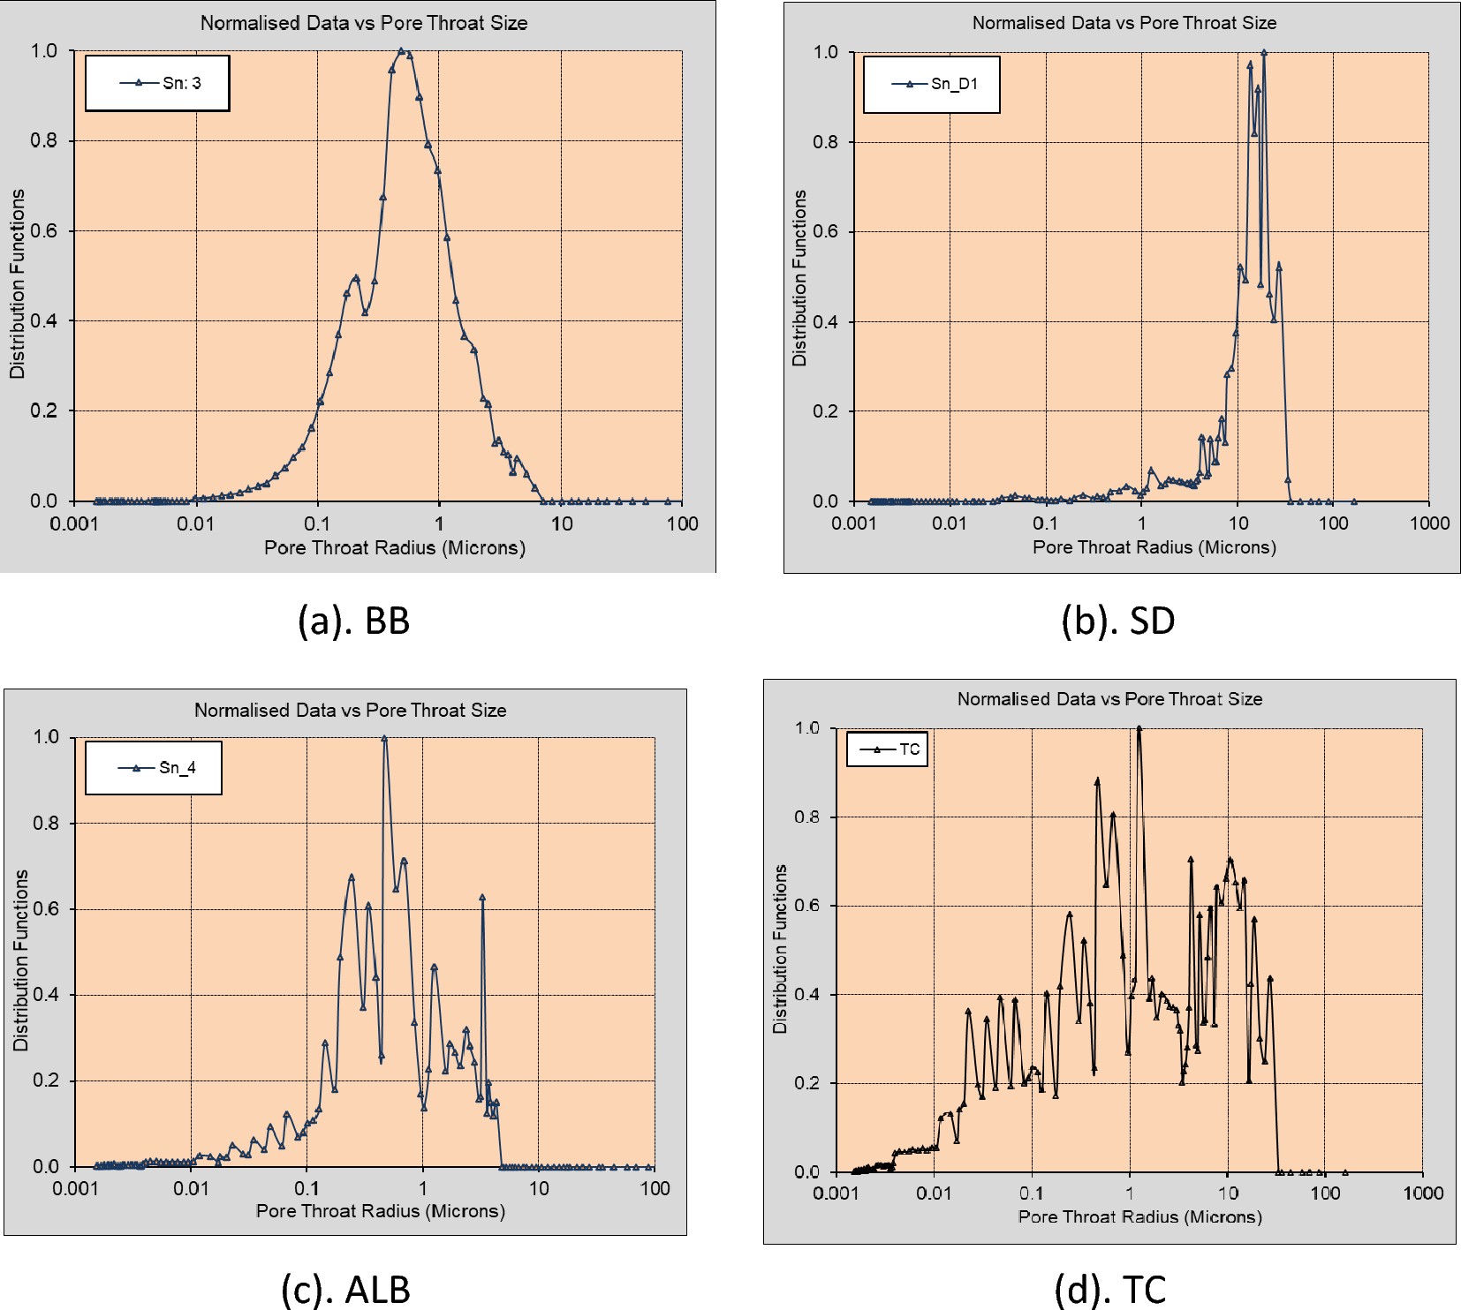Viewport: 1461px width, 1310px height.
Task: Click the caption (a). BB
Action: coord(353,621)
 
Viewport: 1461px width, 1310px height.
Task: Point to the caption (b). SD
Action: coord(1117,621)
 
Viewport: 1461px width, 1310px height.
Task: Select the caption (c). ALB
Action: coord(345,1290)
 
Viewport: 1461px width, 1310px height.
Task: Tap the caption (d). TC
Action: coord(1110,1290)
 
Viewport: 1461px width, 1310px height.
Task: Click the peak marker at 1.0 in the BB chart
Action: coord(401,51)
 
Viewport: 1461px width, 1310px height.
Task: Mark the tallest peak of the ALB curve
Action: coord(384,738)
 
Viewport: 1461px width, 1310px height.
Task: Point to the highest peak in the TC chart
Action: coord(1139,729)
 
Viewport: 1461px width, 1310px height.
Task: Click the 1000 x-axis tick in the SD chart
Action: coord(1429,523)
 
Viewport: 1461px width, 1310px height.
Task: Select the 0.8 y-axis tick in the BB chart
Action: coord(44,140)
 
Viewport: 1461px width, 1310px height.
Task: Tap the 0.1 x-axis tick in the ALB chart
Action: coord(307,1188)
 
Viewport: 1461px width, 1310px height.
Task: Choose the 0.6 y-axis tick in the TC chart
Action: coord(807,906)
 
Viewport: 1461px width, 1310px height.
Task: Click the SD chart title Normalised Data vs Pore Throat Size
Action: coord(1124,23)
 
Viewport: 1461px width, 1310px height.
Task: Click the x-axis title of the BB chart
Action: coord(394,547)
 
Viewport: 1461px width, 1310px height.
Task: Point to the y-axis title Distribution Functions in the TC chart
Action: coord(780,949)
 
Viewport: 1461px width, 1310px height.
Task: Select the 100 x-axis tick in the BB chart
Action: coord(682,523)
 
